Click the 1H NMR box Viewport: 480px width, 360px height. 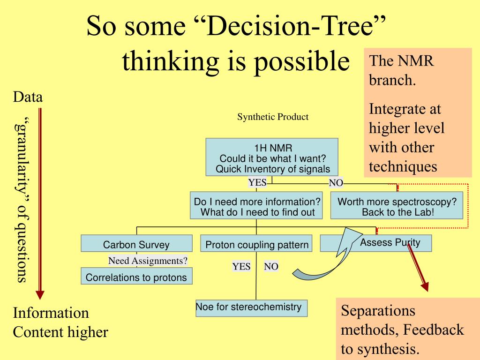click(272, 157)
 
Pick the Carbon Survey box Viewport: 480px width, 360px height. click(136, 244)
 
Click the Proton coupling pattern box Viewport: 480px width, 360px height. click(257, 244)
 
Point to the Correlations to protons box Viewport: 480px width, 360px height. click(136, 277)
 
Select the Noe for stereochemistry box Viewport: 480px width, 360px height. click(251, 307)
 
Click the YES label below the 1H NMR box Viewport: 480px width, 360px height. click(257, 183)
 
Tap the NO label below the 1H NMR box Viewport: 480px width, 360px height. click(336, 183)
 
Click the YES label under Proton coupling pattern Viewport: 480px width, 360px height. click(241, 267)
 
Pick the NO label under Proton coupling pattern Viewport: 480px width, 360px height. click(271, 267)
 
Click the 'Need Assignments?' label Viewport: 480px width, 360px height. click(148, 261)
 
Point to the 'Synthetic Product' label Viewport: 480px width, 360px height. click(273, 117)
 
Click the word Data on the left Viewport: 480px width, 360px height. click(28, 97)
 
